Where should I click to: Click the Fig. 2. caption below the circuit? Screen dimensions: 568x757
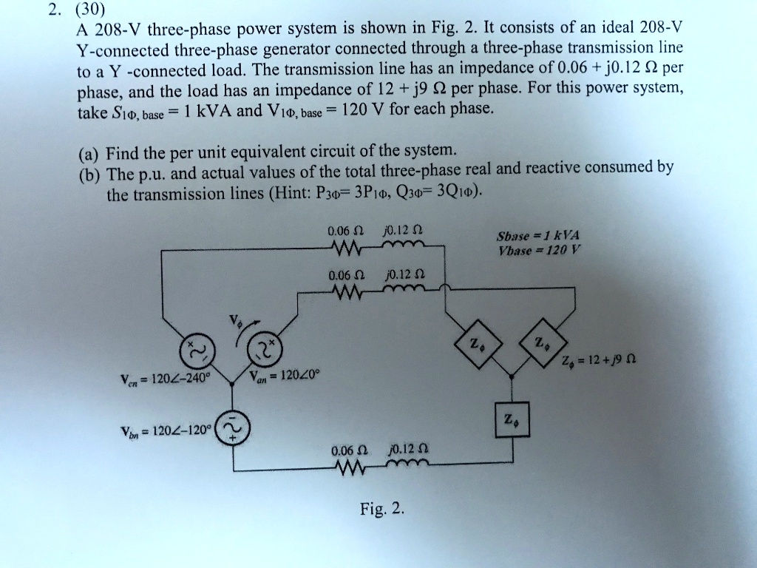382,509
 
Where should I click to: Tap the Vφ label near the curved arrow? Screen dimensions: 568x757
236,322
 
